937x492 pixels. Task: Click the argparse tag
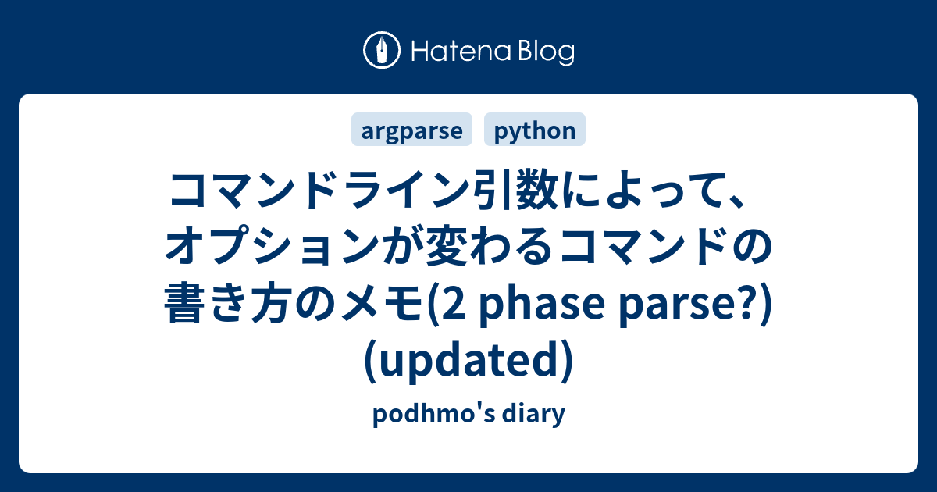[411, 130]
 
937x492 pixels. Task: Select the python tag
[535, 130]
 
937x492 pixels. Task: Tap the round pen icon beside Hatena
[382, 52]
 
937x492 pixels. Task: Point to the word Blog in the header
[544, 52]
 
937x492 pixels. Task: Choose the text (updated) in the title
[468, 358]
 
